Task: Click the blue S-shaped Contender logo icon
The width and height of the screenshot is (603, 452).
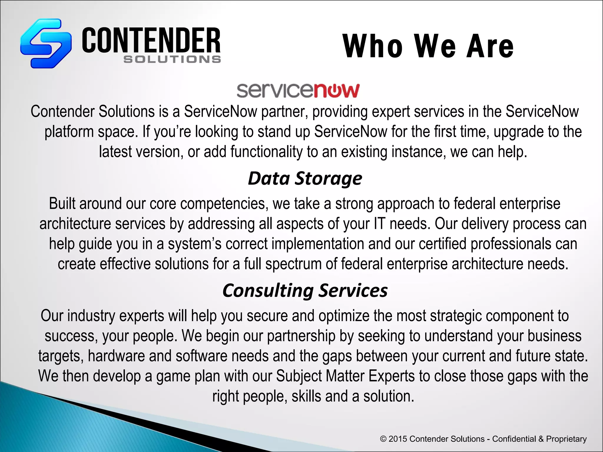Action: pyautogui.click(x=46, y=43)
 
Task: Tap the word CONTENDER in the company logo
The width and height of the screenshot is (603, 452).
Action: pyautogui.click(x=151, y=40)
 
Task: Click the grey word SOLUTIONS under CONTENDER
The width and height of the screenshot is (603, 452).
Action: pyautogui.click(x=172, y=59)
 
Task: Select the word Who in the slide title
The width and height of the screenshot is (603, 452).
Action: pyautogui.click(x=373, y=46)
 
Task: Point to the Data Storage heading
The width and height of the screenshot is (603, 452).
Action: pyautogui.click(x=305, y=178)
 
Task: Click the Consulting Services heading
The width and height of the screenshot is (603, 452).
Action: pyautogui.click(x=305, y=290)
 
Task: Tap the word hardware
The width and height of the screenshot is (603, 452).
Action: pyautogui.click(x=116, y=356)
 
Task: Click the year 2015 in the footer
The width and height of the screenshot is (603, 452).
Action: pyautogui.click(x=398, y=439)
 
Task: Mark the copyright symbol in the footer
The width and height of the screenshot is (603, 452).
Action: pyautogui.click(x=383, y=439)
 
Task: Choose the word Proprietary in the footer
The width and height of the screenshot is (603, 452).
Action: pyautogui.click(x=566, y=439)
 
